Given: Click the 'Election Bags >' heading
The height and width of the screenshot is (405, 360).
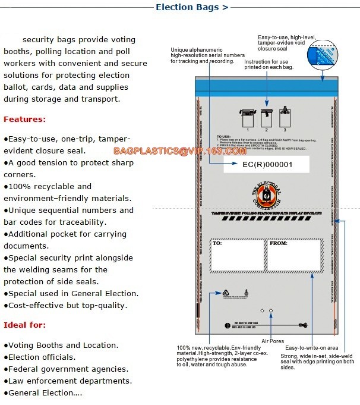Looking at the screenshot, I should point(191,8).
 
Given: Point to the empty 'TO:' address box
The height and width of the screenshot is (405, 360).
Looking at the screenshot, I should point(238,256).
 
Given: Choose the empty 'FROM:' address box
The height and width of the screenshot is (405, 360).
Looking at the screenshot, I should point(294,256).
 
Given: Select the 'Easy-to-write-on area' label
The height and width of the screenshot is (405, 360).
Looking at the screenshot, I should point(312,347).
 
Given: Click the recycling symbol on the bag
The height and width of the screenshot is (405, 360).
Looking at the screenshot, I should point(226,293).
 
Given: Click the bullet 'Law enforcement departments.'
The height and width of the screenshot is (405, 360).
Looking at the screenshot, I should point(68,381).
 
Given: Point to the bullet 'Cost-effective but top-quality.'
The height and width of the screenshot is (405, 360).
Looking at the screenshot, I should point(65,305).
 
